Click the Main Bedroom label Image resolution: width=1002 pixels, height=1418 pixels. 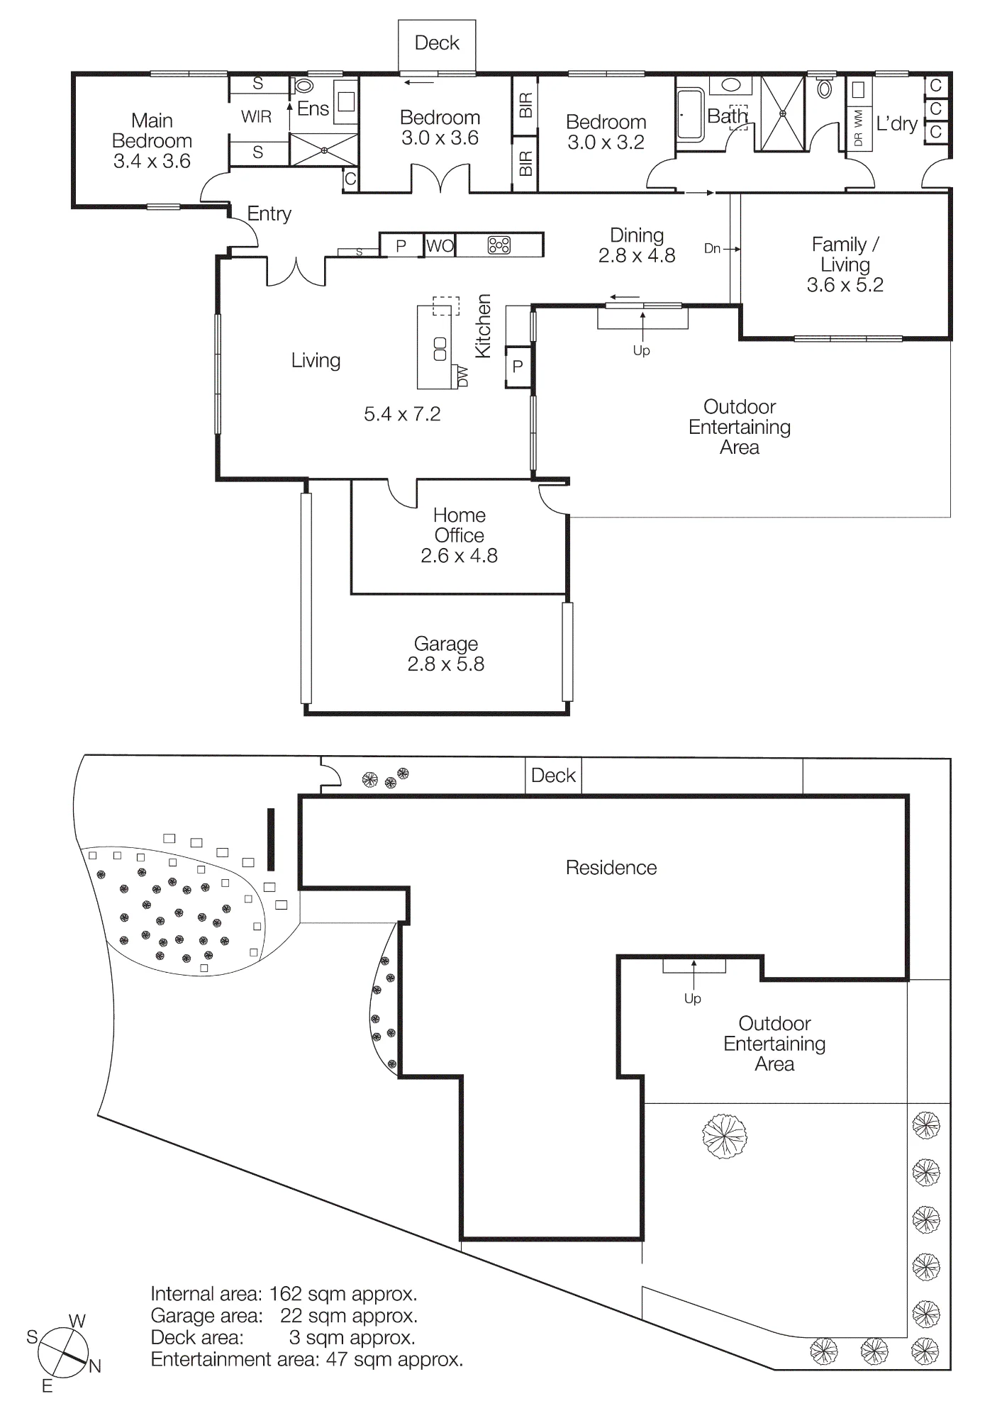[x=152, y=130]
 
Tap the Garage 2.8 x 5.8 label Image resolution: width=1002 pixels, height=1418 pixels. [x=446, y=654]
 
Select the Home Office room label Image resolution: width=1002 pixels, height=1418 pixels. [x=460, y=525]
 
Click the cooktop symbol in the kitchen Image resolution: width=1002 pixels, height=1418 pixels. [x=499, y=245]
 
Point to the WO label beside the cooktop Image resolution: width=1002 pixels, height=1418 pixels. [x=440, y=246]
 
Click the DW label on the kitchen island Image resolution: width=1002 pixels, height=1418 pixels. [x=463, y=376]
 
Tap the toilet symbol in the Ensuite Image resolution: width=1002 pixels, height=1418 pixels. [x=304, y=86]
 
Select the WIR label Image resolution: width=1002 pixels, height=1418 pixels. [x=256, y=116]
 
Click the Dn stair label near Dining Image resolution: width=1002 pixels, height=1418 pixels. [x=712, y=248]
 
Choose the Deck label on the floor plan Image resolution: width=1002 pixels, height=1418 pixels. [x=437, y=43]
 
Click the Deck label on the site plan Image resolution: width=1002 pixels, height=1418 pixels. [x=553, y=776]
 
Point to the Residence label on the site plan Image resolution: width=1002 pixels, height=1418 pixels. [x=611, y=868]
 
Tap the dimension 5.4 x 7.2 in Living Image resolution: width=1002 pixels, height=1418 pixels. [x=402, y=414]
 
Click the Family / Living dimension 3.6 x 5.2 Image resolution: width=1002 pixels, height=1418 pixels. [x=845, y=285]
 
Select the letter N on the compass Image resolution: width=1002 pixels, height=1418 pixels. [x=95, y=1366]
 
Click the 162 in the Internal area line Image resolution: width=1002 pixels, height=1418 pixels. [x=286, y=1294]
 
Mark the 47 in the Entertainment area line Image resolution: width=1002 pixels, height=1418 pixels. [x=337, y=1359]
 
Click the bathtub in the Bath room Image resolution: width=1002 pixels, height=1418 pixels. [x=691, y=114]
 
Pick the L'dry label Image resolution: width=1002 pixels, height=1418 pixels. [x=897, y=123]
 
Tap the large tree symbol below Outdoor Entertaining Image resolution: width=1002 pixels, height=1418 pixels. [x=725, y=1137]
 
